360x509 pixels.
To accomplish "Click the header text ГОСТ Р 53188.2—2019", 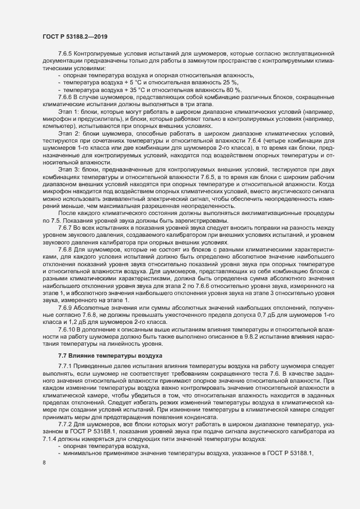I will (x=75, y=36).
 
